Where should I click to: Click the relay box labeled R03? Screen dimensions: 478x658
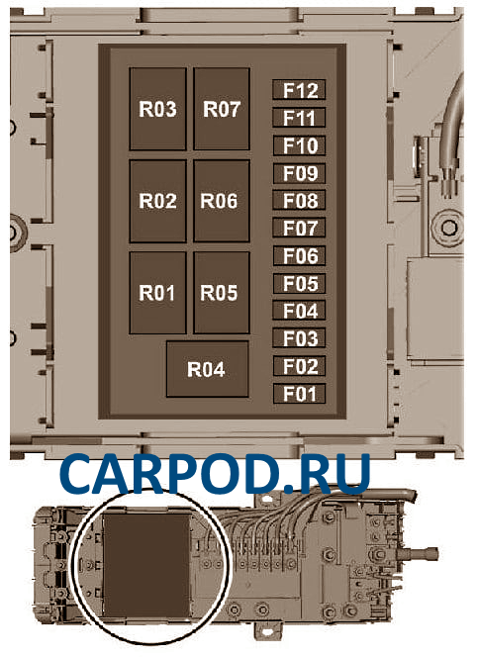click(157, 109)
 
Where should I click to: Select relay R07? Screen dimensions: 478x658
click(222, 109)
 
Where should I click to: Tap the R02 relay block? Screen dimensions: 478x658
click(157, 201)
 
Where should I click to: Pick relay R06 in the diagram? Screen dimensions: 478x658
click(222, 201)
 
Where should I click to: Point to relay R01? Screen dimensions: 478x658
click(157, 293)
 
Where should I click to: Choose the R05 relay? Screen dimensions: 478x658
click(222, 293)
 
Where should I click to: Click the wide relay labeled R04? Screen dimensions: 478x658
click(207, 369)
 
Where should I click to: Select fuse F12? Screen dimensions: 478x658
click(299, 90)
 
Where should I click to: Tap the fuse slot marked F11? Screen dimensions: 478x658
click(299, 118)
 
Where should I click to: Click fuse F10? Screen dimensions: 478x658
click(299, 145)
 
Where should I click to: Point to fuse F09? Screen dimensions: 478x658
click(299, 173)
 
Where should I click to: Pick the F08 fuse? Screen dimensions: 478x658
click(299, 200)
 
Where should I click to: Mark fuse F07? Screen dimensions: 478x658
click(299, 228)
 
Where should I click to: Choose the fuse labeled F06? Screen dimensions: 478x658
click(299, 255)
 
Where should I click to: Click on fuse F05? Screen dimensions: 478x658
click(299, 283)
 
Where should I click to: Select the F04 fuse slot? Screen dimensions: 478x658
click(299, 311)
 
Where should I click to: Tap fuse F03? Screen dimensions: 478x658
click(299, 338)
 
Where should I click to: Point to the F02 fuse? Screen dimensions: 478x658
click(299, 366)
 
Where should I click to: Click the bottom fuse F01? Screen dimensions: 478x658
click(299, 394)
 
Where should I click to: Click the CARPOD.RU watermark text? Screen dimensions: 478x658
click(216, 474)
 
